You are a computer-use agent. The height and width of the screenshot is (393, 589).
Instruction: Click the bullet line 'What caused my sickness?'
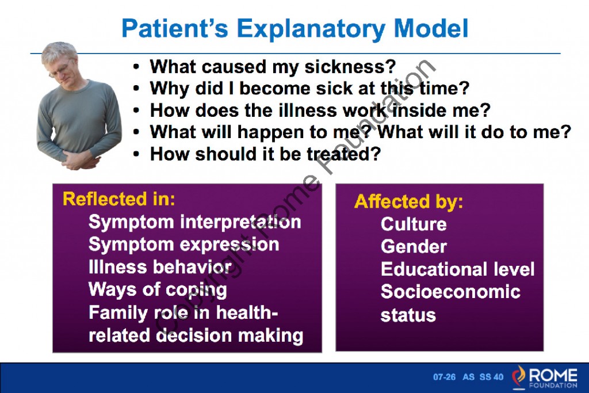point(273,67)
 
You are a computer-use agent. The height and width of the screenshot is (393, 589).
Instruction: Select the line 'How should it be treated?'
point(265,154)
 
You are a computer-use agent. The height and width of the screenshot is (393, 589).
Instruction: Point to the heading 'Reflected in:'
point(118,199)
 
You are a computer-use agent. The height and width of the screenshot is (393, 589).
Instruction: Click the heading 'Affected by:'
point(408,202)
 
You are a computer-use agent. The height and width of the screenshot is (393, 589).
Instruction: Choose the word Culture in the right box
point(413,224)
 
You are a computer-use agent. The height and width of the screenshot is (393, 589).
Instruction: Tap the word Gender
point(413,247)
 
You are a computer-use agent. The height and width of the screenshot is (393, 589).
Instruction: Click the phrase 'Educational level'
point(457,269)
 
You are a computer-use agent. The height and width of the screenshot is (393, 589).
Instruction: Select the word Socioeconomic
point(450,292)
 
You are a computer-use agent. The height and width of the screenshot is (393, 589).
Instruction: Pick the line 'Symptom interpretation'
point(194,222)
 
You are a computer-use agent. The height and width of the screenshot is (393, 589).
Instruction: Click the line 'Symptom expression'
point(183,245)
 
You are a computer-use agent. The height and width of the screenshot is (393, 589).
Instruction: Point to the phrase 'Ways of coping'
point(158,289)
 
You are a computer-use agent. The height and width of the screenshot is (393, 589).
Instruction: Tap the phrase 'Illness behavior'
point(160,267)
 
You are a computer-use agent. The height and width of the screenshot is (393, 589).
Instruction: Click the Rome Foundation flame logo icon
point(519,377)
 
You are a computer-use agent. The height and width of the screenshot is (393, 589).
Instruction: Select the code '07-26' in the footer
point(444,377)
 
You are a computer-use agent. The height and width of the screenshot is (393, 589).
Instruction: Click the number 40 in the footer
point(498,377)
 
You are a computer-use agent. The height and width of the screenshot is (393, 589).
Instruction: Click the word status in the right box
point(408,315)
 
